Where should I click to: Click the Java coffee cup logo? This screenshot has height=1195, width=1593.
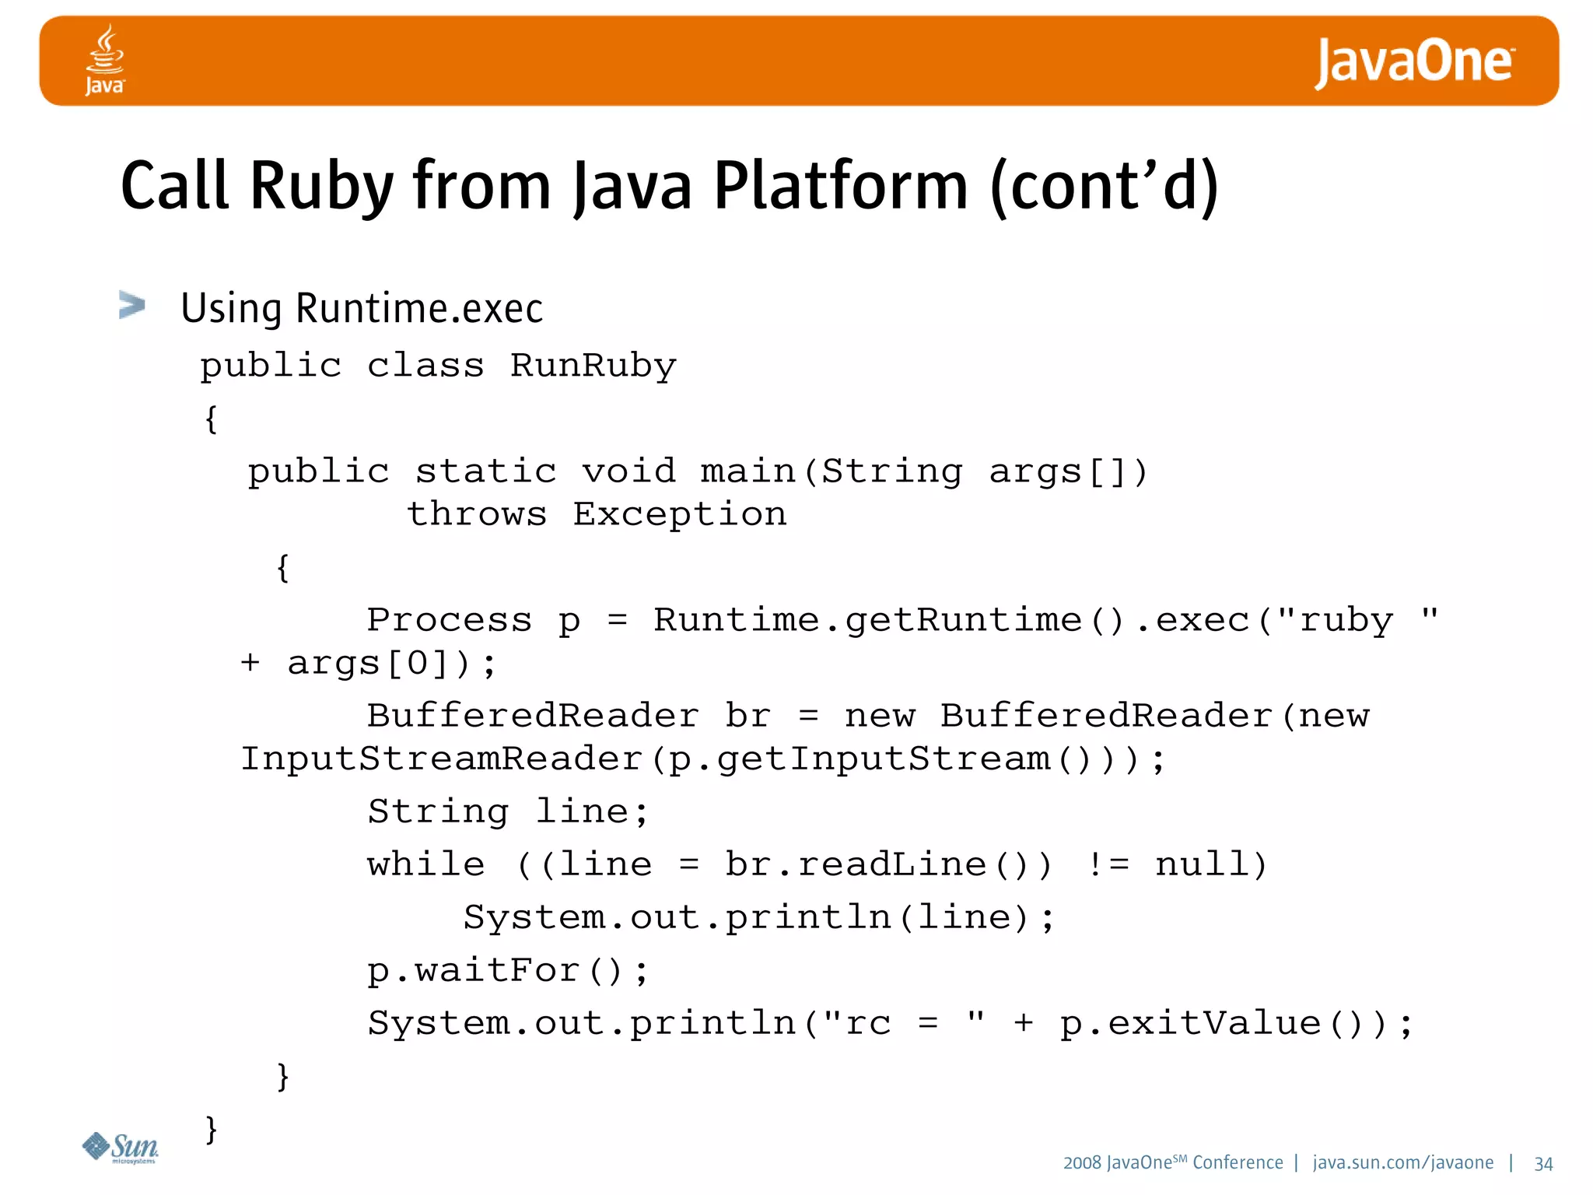105,60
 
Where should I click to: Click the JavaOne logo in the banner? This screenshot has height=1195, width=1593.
1413,62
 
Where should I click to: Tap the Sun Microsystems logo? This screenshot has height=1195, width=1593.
121,1148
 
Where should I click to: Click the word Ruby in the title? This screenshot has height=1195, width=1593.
322,187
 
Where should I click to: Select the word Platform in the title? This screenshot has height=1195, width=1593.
840,187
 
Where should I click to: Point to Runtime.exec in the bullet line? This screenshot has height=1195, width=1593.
419,308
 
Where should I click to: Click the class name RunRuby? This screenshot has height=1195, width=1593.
593,366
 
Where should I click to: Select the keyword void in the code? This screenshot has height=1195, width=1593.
628,471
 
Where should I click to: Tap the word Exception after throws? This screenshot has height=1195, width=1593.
680,514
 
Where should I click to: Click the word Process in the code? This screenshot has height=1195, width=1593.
449,620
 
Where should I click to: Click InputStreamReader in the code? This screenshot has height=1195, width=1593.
441,759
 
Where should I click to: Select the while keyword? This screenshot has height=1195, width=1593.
425,865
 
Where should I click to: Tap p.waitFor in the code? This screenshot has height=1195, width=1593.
474,971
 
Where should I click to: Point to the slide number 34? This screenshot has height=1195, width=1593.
1543,1164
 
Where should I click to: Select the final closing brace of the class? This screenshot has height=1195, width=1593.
211,1129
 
